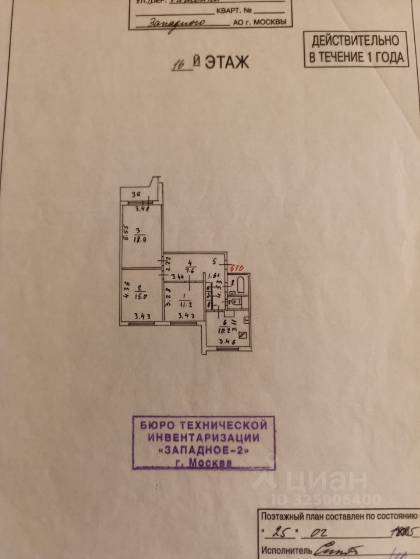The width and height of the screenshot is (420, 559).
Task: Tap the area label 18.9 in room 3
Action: [x=140, y=238]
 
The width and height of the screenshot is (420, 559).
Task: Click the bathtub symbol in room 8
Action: [x=243, y=285]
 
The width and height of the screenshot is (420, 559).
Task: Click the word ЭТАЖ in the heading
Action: [x=226, y=62]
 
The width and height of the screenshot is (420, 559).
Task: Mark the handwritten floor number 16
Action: [x=182, y=64]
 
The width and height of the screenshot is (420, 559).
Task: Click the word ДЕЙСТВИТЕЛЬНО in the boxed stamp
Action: [x=355, y=41]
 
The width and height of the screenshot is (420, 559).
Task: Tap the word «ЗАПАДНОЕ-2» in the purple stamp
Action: [x=203, y=451]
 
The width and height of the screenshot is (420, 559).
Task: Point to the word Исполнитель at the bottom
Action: [x=286, y=550]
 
